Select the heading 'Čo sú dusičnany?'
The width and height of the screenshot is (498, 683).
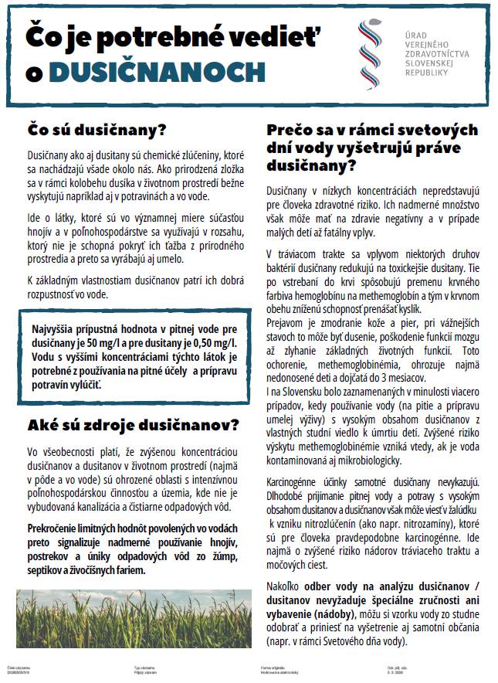coord(97,128)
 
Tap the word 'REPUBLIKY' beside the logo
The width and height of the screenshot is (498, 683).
coord(432,71)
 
